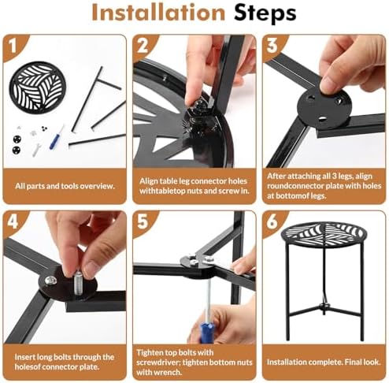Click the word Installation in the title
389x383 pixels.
pos(158,13)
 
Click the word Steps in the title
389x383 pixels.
pos(265,13)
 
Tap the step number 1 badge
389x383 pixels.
pos(13,46)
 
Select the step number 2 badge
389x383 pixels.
pos(143,46)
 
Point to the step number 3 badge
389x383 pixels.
pos(272,46)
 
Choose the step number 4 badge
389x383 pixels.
pos(13,221)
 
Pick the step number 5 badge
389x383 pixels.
pos(143,221)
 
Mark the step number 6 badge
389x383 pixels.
pos(272,221)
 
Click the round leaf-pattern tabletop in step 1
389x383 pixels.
pos(38,87)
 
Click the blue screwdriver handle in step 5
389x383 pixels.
pos(207,333)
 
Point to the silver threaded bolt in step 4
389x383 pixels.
pos(77,283)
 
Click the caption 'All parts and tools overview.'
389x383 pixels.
pos(65,186)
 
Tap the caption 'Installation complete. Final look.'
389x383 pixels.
pos(324,363)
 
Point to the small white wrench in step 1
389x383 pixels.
pos(36,150)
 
